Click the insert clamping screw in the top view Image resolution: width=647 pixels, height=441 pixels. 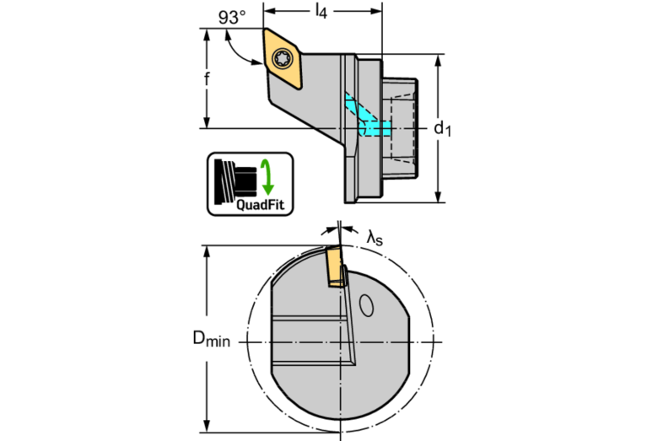click(x=283, y=59)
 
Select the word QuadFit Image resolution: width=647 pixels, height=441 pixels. click(x=261, y=203)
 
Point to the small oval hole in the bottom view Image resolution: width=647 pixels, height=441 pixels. click(x=367, y=304)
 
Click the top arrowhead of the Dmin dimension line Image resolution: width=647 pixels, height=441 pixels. click(x=207, y=251)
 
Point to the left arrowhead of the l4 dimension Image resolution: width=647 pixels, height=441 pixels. click(x=268, y=12)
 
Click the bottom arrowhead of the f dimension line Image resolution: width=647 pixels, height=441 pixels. click(x=207, y=123)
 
